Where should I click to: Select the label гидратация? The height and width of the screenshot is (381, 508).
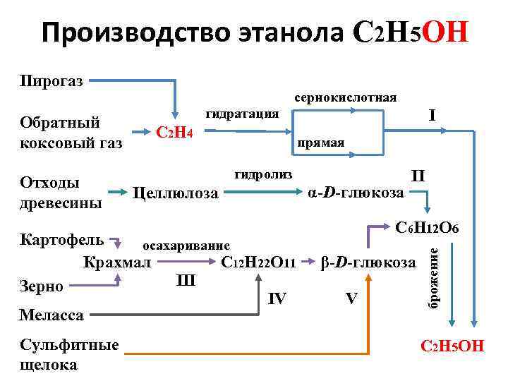point(242,114)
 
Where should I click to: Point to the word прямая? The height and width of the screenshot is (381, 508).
point(321,143)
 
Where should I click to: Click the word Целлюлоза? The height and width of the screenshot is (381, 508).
point(176,193)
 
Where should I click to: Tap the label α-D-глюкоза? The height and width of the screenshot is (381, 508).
point(356,192)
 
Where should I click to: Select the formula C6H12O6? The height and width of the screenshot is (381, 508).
point(428,229)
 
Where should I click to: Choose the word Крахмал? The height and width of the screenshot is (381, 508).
point(116,263)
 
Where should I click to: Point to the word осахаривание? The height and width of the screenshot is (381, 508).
point(186,246)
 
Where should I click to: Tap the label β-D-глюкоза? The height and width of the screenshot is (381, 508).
point(368,263)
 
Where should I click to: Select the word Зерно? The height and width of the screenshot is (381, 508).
point(42,286)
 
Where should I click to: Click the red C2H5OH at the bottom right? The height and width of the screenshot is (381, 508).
point(452,346)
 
